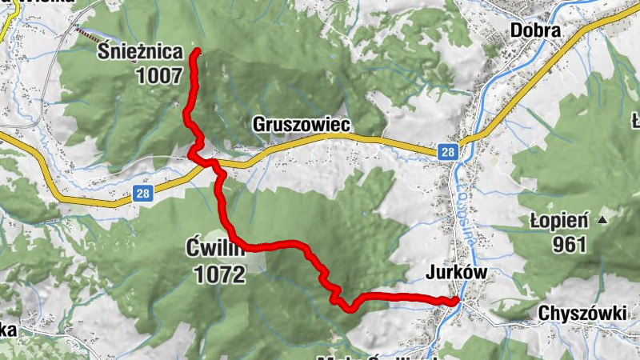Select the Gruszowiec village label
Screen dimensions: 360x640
[x=302, y=126]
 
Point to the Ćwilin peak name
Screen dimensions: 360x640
[x=213, y=246]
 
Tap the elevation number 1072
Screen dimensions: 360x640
[x=218, y=275]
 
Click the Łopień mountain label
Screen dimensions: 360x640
[x=559, y=220]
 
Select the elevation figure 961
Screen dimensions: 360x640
[x=570, y=245]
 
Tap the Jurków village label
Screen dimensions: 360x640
[x=456, y=274]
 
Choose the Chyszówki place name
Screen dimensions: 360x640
[x=582, y=314]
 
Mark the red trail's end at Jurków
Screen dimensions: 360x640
[x=454, y=301]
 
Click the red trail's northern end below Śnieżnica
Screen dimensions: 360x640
[x=197, y=51]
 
